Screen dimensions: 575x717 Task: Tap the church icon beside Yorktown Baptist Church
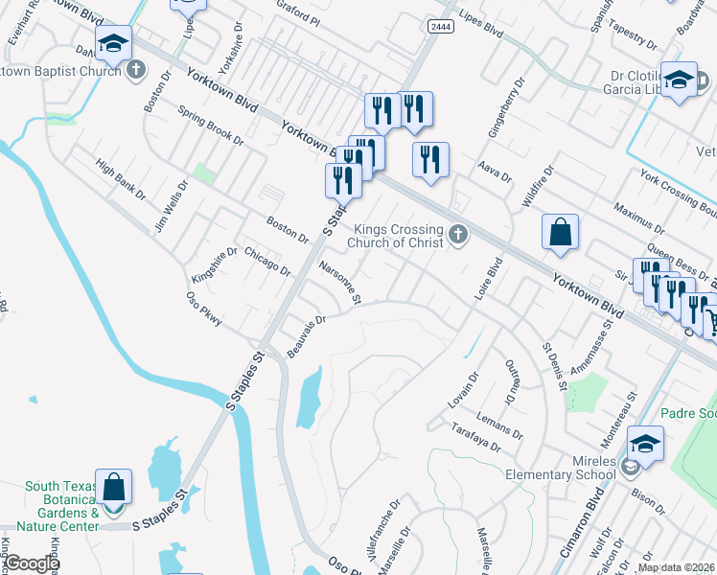point(136,69)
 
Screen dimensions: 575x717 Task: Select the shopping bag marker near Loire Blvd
point(560,233)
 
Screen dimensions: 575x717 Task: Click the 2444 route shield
point(441,28)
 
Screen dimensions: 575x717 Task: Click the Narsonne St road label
point(340,284)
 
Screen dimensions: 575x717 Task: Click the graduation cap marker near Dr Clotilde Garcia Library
point(679,80)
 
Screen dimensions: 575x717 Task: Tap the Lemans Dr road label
point(502,421)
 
